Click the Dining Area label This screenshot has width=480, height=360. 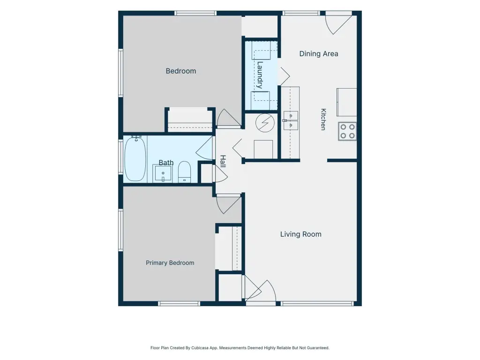pos(319,54)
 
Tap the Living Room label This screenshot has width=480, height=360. pos(301,234)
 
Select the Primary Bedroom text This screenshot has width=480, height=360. pos(170,262)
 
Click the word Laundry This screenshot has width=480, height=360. pos(260,75)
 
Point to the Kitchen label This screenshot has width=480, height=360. pos(323,119)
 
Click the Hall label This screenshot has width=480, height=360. pos(223,161)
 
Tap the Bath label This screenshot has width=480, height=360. pos(166,163)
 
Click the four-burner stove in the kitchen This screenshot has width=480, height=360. pos(347,131)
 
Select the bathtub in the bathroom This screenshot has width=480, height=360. pos(135,159)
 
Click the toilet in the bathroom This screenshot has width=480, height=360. pos(184,172)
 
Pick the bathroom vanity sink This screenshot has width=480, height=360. pos(163,174)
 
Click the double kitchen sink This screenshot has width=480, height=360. pos(291,120)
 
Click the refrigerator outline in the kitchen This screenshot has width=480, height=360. pos(347,102)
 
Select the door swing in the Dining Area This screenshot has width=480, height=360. pos(338,23)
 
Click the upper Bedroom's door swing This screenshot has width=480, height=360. pos(228,118)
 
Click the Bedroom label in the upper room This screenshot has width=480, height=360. pos(181,71)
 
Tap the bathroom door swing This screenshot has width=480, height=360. pos(204,148)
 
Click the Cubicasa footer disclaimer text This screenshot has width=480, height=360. pos(240,348)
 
